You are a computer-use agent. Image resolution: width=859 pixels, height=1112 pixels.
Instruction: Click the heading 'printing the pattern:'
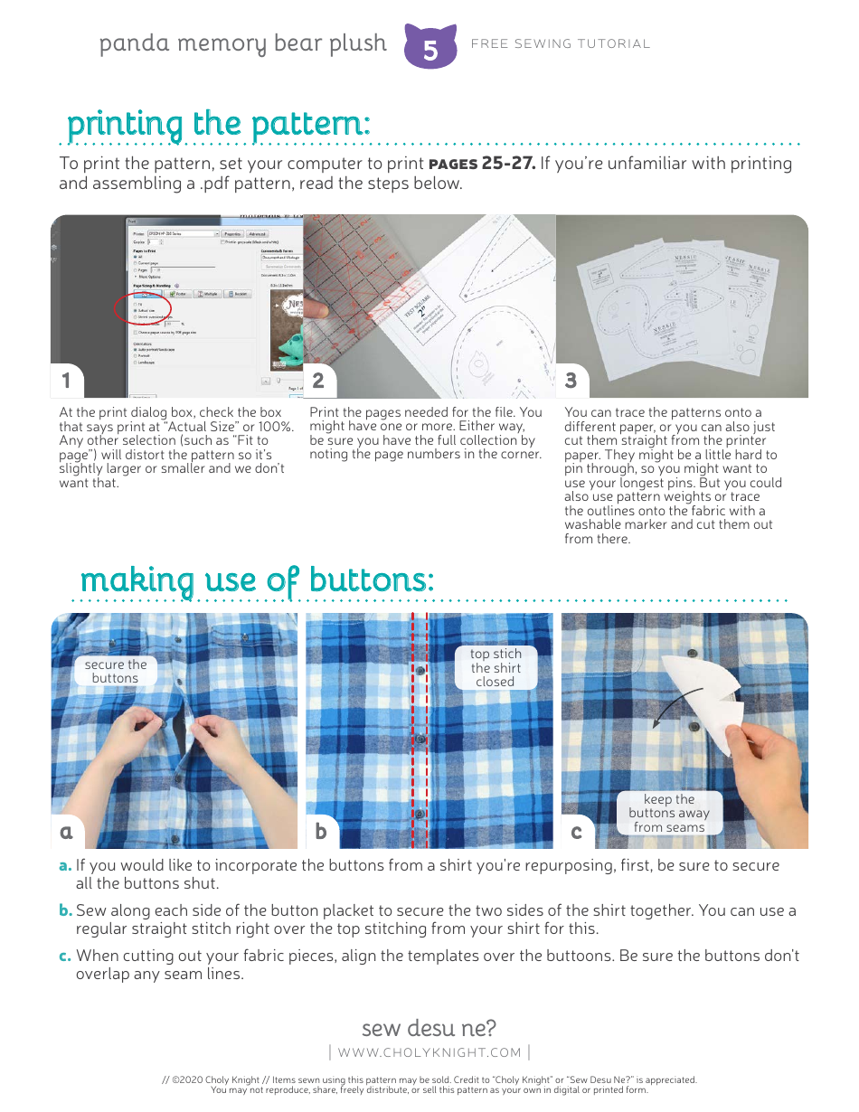(218, 124)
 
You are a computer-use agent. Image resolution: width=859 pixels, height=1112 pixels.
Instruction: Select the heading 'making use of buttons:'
(257, 580)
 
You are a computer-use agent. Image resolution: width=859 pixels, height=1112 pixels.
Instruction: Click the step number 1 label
(66, 381)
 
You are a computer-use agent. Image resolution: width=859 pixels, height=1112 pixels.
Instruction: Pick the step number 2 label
(318, 381)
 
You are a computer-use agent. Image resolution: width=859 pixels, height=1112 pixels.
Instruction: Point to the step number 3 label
(571, 381)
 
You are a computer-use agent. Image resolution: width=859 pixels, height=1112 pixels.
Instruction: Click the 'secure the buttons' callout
(115, 671)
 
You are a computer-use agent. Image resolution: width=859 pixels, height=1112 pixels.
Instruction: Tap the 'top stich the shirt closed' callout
(496, 667)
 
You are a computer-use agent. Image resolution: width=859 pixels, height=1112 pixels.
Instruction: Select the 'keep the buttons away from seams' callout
(669, 813)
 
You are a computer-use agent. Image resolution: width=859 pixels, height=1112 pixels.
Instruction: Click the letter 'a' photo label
(66, 831)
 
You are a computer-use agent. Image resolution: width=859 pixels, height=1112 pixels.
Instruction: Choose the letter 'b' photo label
(321, 831)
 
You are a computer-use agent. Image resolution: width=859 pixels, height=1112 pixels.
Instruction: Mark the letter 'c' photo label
(576, 831)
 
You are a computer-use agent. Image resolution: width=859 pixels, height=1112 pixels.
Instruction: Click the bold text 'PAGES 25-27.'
(482, 164)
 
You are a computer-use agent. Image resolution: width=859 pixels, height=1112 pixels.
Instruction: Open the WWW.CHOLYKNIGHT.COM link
(429, 1052)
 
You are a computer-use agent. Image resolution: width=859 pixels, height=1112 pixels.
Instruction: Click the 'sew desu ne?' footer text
(429, 1028)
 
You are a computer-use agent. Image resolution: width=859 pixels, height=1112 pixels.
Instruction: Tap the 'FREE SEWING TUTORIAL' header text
(561, 43)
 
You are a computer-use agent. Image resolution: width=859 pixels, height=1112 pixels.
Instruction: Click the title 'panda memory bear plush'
(242, 43)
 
